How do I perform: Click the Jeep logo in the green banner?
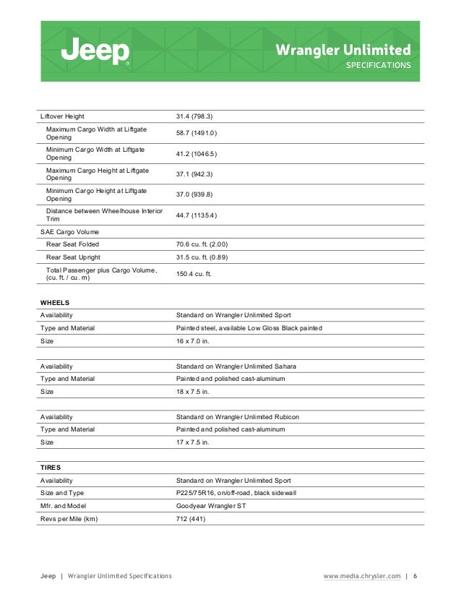point(95,51)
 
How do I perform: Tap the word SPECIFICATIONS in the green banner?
point(379,65)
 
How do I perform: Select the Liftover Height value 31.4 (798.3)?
point(194,116)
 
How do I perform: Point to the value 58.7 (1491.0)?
point(197,133)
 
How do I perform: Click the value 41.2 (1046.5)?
point(197,153)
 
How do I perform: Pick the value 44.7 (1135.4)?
point(197,215)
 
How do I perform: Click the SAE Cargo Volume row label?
point(69,231)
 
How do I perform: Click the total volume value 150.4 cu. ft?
point(197,274)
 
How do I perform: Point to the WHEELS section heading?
point(55,302)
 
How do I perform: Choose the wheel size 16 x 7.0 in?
point(193,340)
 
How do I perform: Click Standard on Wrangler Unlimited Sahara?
point(236,366)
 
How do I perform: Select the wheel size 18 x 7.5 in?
point(193,391)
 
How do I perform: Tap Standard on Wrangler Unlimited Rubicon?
point(237,417)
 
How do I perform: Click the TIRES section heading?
point(51,468)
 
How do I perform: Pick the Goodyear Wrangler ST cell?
point(211,506)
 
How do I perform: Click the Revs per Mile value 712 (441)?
point(191,518)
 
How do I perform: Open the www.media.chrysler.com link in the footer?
point(361,576)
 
